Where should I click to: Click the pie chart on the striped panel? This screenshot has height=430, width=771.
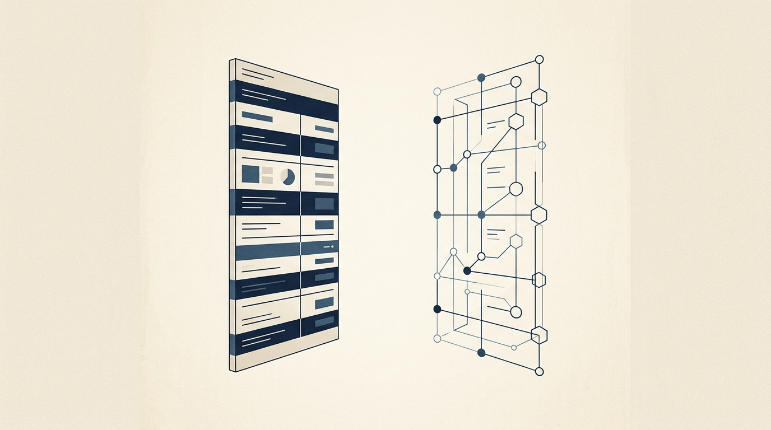[x=288, y=177]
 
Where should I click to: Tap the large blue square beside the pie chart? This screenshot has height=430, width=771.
[x=250, y=175]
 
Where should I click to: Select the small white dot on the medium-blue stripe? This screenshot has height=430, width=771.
[x=333, y=246]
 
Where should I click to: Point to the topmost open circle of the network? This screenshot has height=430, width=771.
[x=540, y=59]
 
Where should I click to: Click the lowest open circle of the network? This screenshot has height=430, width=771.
[x=540, y=371]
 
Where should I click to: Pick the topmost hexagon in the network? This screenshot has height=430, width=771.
[x=539, y=97]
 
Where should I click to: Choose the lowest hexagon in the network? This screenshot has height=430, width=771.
[x=538, y=335]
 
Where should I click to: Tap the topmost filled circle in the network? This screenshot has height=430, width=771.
[x=481, y=77]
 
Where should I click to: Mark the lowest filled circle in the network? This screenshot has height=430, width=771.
[x=481, y=352]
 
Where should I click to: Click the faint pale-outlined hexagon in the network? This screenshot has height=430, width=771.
[x=516, y=241]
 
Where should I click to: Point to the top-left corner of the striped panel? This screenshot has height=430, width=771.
[x=230, y=59]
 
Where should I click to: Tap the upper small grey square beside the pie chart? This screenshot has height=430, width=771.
[x=267, y=170]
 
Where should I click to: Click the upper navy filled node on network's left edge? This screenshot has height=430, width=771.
[x=437, y=120]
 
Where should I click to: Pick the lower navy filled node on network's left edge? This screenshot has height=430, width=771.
[x=437, y=309]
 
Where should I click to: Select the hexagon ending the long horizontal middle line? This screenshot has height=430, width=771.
[x=538, y=215]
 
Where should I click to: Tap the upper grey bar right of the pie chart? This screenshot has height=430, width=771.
[x=324, y=176]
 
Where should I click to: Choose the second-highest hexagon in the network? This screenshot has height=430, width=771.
[x=515, y=121]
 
